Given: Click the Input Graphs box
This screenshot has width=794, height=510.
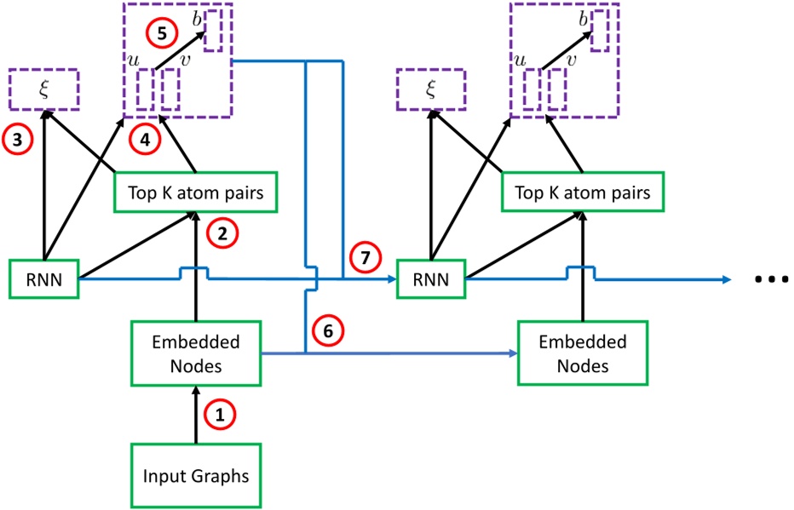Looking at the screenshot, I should (x=196, y=475).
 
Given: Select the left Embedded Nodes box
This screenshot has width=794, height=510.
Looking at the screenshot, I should (x=196, y=353).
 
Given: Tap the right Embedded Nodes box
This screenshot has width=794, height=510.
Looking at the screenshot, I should (x=582, y=353).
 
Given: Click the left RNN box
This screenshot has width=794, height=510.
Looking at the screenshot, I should (x=43, y=278).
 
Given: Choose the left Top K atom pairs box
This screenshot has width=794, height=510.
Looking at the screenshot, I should (x=197, y=193).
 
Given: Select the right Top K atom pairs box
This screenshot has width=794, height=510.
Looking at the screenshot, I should (x=583, y=193).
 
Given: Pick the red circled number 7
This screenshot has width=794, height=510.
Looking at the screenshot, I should (x=364, y=257).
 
